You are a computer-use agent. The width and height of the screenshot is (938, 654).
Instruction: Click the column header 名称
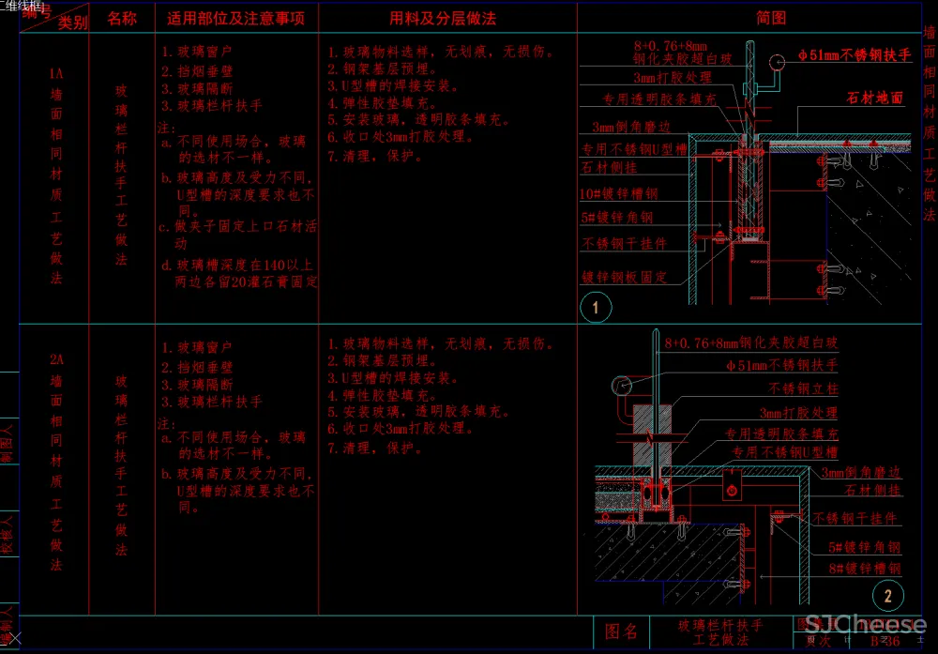point(122,18)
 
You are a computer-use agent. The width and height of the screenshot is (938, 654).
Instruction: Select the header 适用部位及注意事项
point(236,18)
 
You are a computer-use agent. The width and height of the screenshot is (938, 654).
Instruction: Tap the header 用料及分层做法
point(443,18)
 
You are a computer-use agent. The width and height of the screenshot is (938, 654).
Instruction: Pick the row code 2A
point(56,359)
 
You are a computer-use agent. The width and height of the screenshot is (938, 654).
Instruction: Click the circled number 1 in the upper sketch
point(596,306)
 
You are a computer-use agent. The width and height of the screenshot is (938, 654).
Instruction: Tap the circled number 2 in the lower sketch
point(887,594)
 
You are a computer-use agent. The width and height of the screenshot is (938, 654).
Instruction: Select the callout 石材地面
point(874,98)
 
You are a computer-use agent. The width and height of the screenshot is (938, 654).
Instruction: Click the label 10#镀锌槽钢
point(618,193)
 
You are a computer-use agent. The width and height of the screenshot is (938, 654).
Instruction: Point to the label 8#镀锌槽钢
point(864,569)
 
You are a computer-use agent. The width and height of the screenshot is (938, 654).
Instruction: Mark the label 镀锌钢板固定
point(624,277)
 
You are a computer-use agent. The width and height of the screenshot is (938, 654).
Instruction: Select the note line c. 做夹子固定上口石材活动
point(238,227)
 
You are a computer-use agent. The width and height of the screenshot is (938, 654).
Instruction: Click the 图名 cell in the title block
point(622,632)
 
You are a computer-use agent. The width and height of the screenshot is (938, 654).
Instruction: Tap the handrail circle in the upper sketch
point(778,64)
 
